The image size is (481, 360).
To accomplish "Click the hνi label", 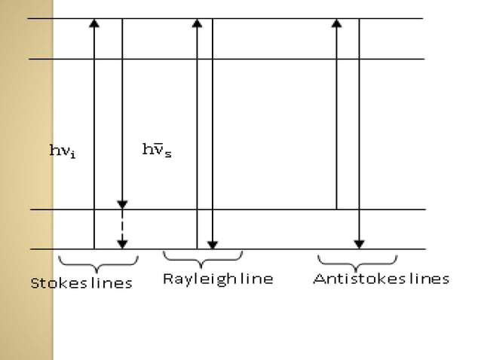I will [x=63, y=151].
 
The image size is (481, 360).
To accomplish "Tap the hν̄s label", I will [x=156, y=151].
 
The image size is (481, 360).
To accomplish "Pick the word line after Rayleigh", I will [x=257, y=279].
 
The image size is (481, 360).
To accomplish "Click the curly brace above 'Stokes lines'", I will [x=98, y=263].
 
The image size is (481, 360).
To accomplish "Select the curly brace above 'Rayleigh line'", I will [x=202, y=258].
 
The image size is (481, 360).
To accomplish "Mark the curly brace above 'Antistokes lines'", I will [x=357, y=261].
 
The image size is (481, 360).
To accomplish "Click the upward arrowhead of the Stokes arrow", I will [x=94, y=23].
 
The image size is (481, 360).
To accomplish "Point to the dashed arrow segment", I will [x=122, y=224].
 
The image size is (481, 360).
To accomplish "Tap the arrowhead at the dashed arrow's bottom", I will [x=122, y=244].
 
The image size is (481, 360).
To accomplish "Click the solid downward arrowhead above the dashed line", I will [x=122, y=205].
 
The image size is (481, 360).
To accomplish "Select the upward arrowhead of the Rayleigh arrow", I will [x=198, y=23].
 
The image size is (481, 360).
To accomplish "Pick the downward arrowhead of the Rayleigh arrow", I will [x=213, y=244].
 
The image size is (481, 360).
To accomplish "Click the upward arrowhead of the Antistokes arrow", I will [x=337, y=23].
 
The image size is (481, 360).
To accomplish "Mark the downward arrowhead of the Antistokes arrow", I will [x=359, y=244].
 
